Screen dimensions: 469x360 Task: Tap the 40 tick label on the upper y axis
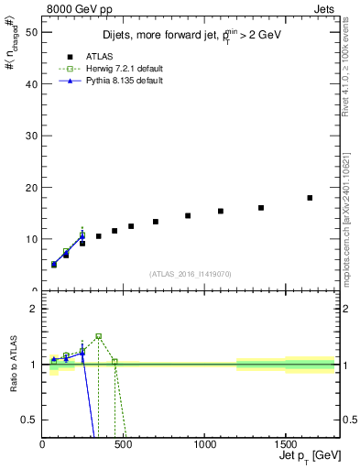[30, 83]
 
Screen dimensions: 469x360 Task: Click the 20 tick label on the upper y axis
[30, 187]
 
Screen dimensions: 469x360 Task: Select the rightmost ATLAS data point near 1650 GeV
[310, 198]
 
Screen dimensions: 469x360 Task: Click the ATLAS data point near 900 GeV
[188, 216]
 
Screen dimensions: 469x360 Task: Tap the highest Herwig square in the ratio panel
[98, 336]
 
